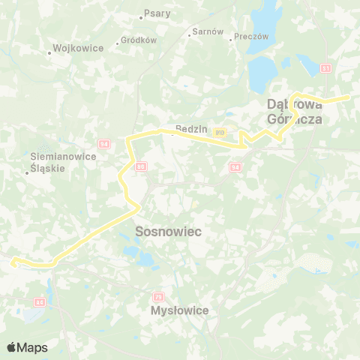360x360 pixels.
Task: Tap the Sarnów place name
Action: [x=208, y=31]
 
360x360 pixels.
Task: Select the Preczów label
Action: [x=251, y=36]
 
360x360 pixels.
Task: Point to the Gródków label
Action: [x=139, y=40]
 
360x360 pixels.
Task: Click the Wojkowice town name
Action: [x=73, y=52]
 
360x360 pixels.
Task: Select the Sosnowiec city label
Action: [x=169, y=232]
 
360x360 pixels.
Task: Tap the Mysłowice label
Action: [x=179, y=310]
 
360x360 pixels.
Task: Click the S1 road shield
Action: [x=325, y=68]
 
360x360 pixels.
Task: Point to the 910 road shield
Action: [x=219, y=133]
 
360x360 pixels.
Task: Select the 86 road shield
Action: [x=141, y=166]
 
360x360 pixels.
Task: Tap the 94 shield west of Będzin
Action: [x=103, y=142]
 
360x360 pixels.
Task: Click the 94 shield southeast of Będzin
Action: [x=235, y=166]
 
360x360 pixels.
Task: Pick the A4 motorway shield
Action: [x=39, y=302]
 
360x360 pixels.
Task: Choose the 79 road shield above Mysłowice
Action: [x=157, y=297]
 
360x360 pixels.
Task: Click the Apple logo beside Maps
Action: [x=12, y=347]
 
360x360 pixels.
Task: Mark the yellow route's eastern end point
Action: [x=349, y=97]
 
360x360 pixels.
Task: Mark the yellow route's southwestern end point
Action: [x=12, y=262]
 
